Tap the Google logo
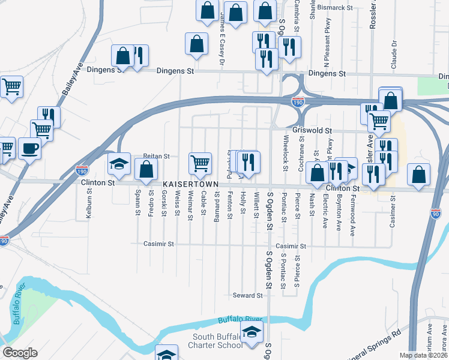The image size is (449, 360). click(x=20, y=353)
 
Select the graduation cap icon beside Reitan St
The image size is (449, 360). click(x=119, y=163)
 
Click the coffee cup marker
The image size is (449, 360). click(x=29, y=148)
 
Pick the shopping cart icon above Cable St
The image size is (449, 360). click(x=200, y=162)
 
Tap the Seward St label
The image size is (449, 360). click(x=248, y=296)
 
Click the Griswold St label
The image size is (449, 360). click(x=312, y=130)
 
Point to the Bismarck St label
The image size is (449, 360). click(x=336, y=8)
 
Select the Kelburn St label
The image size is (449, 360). click(x=89, y=204)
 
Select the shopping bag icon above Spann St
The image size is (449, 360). click(x=146, y=169)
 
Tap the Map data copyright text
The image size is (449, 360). click(x=424, y=355)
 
